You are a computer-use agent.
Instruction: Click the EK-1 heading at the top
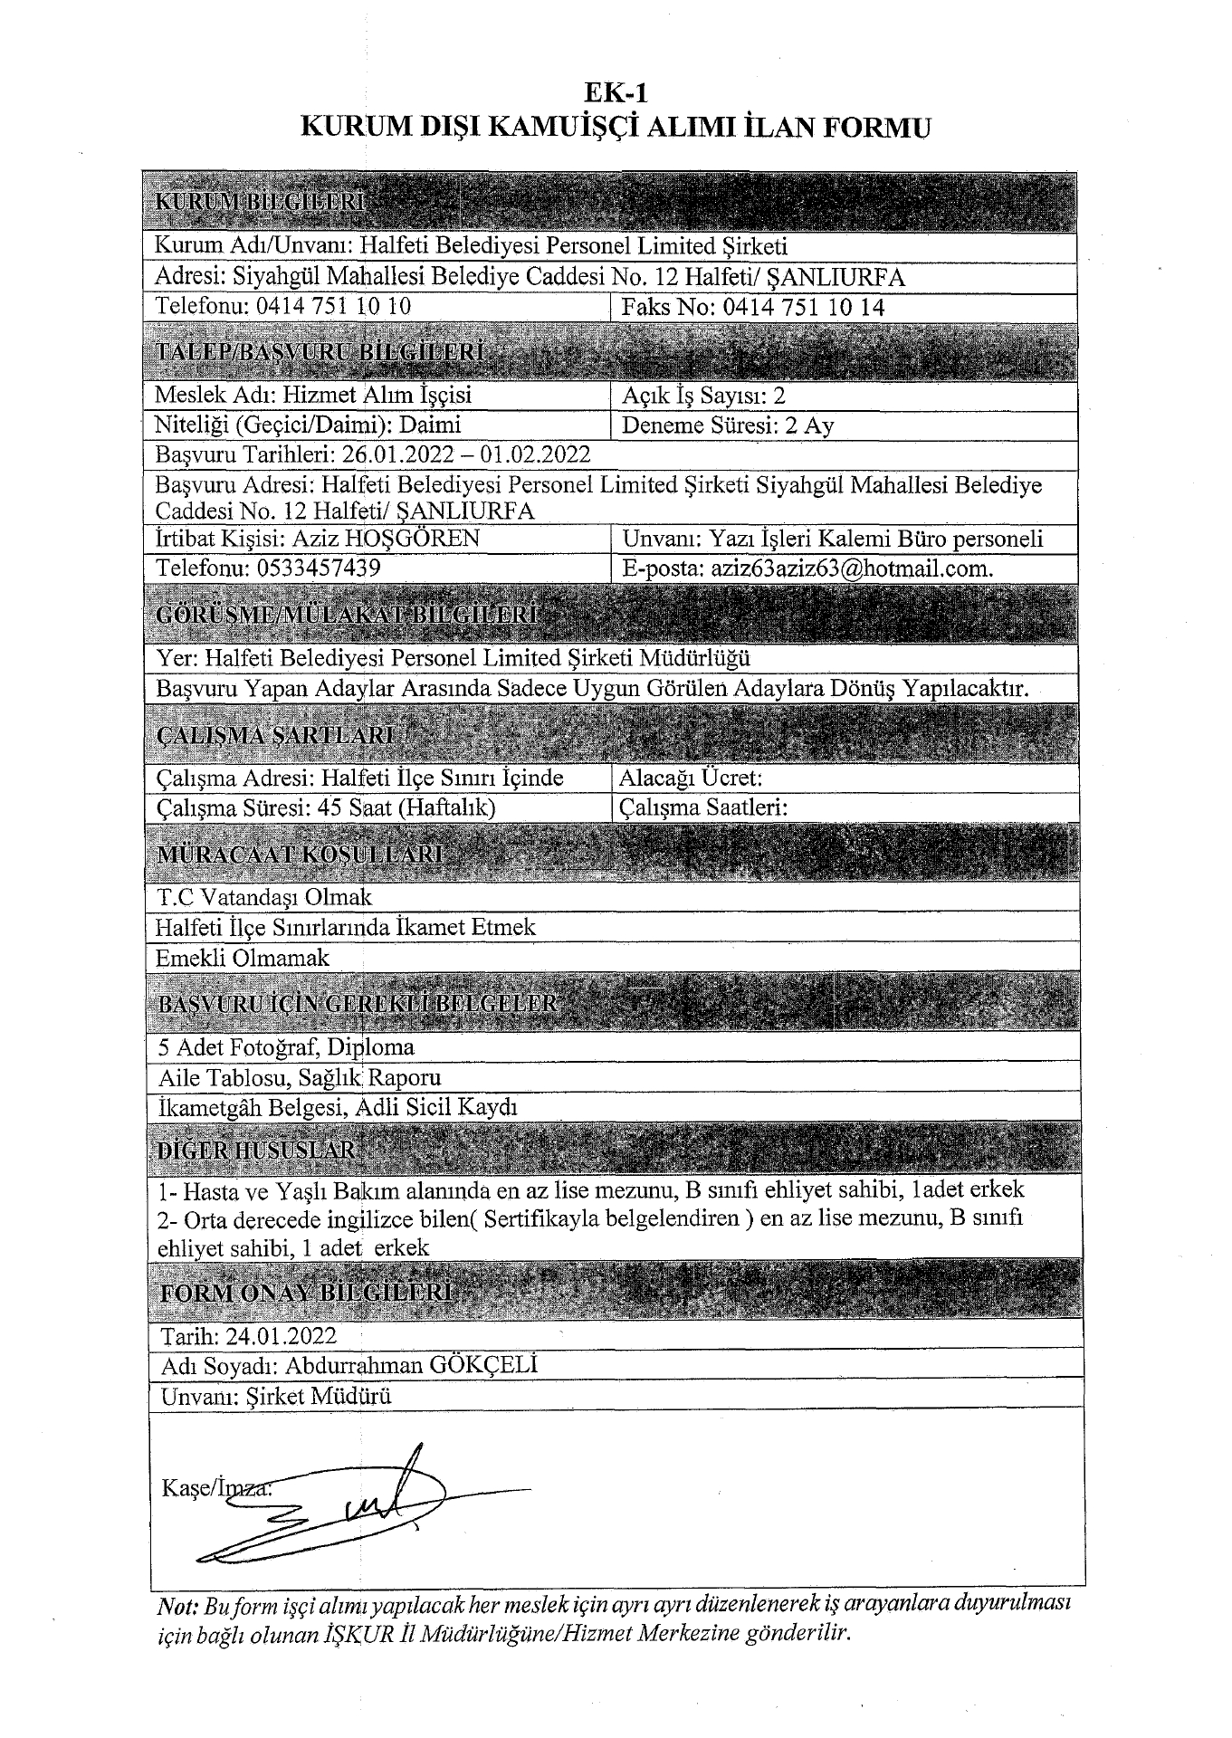(x=616, y=92)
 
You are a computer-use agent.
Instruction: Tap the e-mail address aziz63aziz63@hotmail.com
(x=852, y=568)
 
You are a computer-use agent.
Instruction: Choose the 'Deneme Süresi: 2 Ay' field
(x=728, y=425)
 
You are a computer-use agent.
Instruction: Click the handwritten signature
(x=362, y=1507)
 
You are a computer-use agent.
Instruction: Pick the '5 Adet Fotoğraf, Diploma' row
(x=286, y=1047)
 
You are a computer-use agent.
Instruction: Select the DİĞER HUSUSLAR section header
(x=257, y=1151)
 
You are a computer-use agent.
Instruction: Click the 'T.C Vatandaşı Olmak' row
(x=263, y=897)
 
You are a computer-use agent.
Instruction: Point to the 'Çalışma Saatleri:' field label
(x=703, y=807)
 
